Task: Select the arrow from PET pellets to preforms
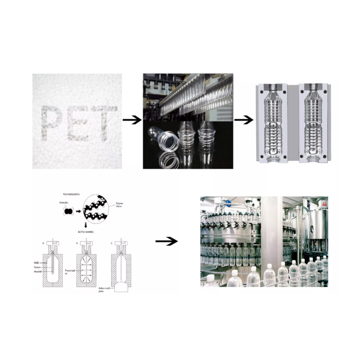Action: pyautogui.click(x=131, y=120)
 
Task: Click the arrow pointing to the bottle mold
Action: pyautogui.click(x=243, y=120)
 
